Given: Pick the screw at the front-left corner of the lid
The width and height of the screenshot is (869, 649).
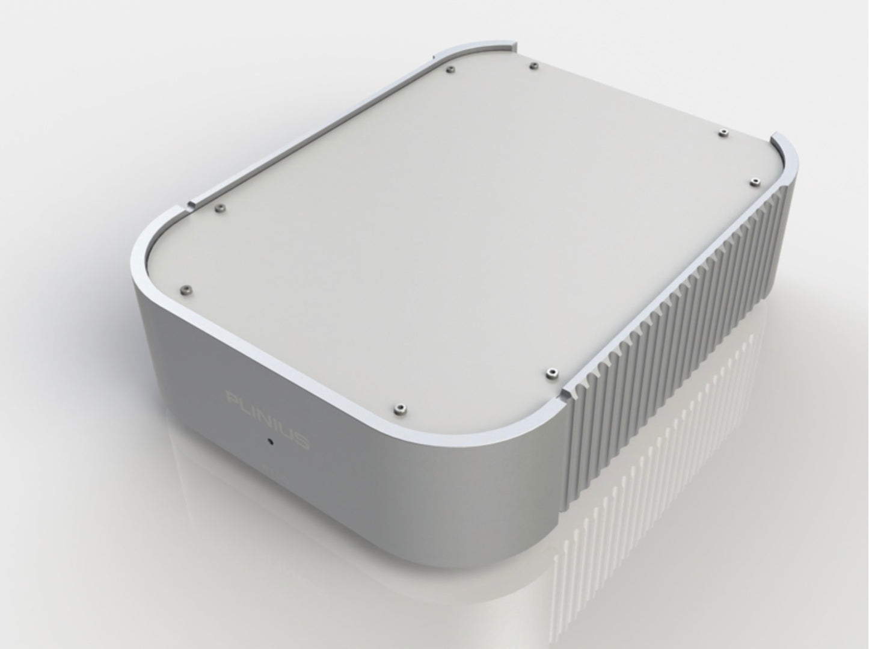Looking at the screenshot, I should coord(187,289).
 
